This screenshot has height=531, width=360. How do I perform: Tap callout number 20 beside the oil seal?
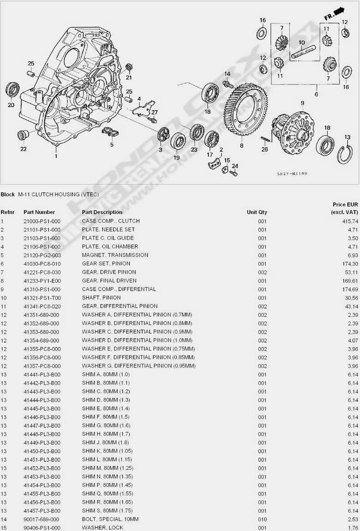pyautogui.click(x=11, y=105)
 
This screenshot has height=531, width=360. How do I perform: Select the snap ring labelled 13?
pyautogui.click(x=346, y=152)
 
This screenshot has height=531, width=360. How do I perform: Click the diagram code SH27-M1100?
pyautogui.click(x=292, y=174)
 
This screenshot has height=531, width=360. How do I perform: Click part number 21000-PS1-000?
pyautogui.click(x=42, y=221)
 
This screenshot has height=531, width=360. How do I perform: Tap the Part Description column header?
pyautogui.click(x=102, y=212)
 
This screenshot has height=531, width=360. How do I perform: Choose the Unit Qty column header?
pyautogui.click(x=257, y=212)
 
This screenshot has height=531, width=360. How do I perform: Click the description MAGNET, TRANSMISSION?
pyautogui.click(x=115, y=255)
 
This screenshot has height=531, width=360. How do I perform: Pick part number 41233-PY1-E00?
pyautogui.click(x=42, y=280)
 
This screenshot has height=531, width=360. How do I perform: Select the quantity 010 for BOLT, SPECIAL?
pyautogui.click(x=262, y=519)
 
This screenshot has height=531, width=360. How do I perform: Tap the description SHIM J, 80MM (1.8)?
pyautogui.click(x=106, y=443)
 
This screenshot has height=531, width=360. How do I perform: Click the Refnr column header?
pyautogui.click(x=8, y=212)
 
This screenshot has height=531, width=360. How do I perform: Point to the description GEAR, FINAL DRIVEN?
pyautogui.click(x=109, y=280)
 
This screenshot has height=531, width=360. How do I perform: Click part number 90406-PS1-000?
pyautogui.click(x=42, y=528)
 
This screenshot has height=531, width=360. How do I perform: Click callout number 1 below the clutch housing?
pyautogui.click(x=56, y=156)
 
